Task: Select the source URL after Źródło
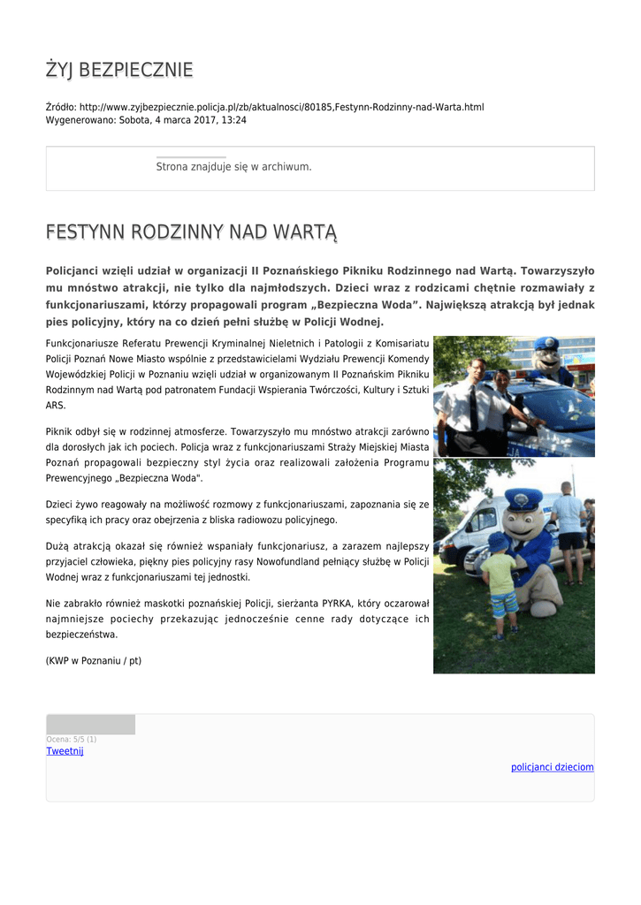tap(282, 107)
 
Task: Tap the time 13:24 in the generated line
tap(233, 119)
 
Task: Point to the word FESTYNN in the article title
tap(85, 232)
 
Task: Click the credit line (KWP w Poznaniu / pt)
tap(94, 660)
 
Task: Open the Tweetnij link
tap(65, 751)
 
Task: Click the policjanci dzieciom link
tap(553, 767)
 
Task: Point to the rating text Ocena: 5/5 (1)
tap(72, 739)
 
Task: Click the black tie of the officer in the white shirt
tap(476, 407)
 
